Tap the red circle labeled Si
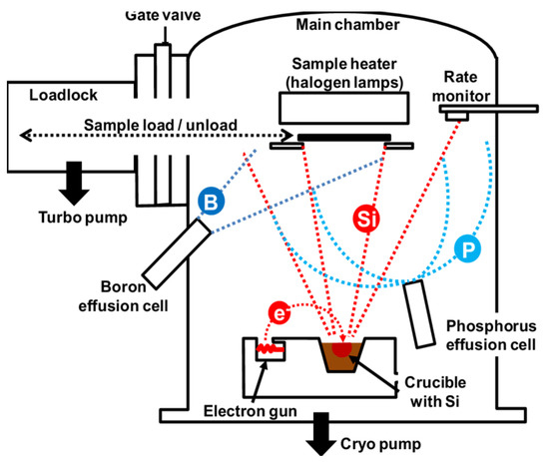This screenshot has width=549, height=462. (x=364, y=217)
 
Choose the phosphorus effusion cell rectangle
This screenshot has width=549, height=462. (x=420, y=313)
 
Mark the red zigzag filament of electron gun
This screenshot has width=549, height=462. (x=268, y=350)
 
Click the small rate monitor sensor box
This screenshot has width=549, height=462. (x=459, y=116)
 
